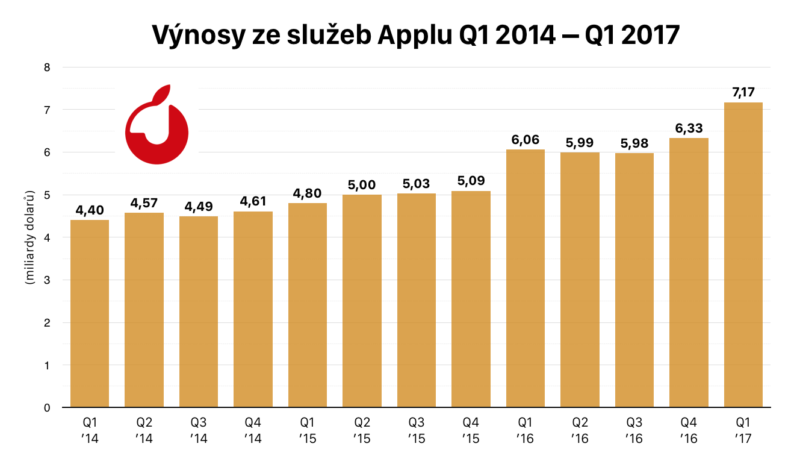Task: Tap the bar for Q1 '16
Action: coord(526,278)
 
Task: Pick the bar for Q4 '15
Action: coord(471,299)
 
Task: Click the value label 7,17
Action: coord(743,92)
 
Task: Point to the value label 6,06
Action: coord(526,139)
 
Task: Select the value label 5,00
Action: coord(362,184)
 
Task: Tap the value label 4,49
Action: coord(199,206)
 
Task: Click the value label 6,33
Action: coord(689,128)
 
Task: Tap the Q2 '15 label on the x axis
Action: coord(362,429)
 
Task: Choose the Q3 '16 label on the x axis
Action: coord(634,429)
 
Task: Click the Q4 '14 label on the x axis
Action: coord(253,429)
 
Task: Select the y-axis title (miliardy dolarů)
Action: coord(28,238)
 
